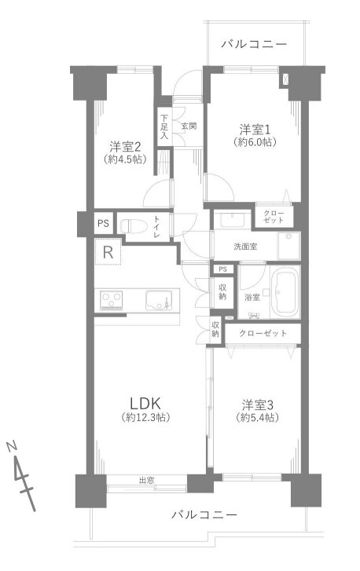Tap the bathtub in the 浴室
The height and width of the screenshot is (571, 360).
285,291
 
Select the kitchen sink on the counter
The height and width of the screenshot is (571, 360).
159,300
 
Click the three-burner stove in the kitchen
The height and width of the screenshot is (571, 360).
112,301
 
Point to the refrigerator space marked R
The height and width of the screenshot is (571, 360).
108,251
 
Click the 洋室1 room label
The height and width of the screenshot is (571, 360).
255,130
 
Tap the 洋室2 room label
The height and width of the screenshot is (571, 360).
125,147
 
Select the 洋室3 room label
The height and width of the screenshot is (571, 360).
258,404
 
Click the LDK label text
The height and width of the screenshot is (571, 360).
145,403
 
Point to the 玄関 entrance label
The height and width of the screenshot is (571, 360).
189,126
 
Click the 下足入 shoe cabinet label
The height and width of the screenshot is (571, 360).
164,127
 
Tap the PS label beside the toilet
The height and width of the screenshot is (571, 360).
103,223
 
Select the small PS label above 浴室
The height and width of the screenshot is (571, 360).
223,269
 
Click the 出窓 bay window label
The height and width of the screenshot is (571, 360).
146,481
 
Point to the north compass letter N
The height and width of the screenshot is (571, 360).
12,446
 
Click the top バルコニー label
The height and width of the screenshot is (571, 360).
255,45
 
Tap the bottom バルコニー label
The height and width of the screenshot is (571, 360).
204,515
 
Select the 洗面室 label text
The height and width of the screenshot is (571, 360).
245,247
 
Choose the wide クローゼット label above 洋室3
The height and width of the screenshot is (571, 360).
263,333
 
